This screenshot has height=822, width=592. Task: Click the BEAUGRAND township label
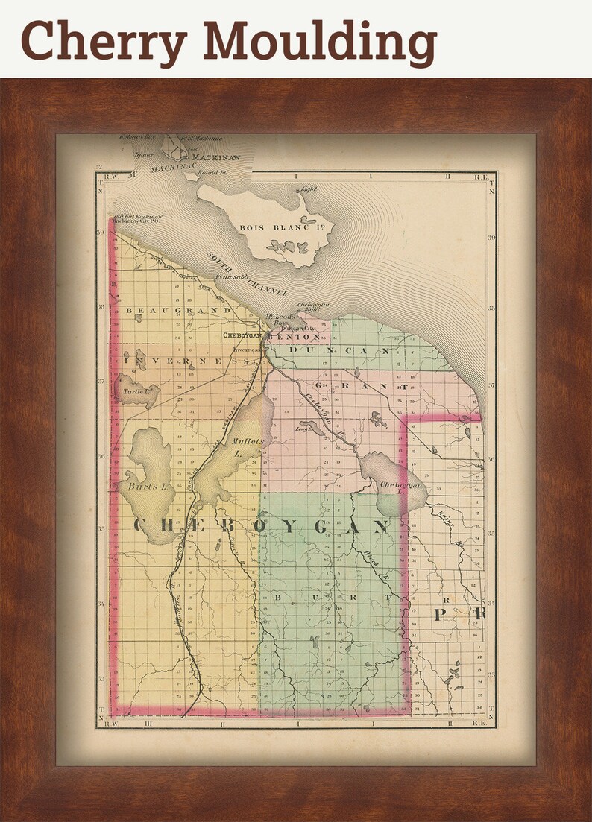pyautogui.click(x=177, y=309)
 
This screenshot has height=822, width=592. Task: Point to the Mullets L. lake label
pyautogui.click(x=248, y=446)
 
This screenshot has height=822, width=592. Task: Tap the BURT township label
pyautogui.click(x=333, y=598)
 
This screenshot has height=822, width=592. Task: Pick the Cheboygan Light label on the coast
pyautogui.click(x=313, y=308)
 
